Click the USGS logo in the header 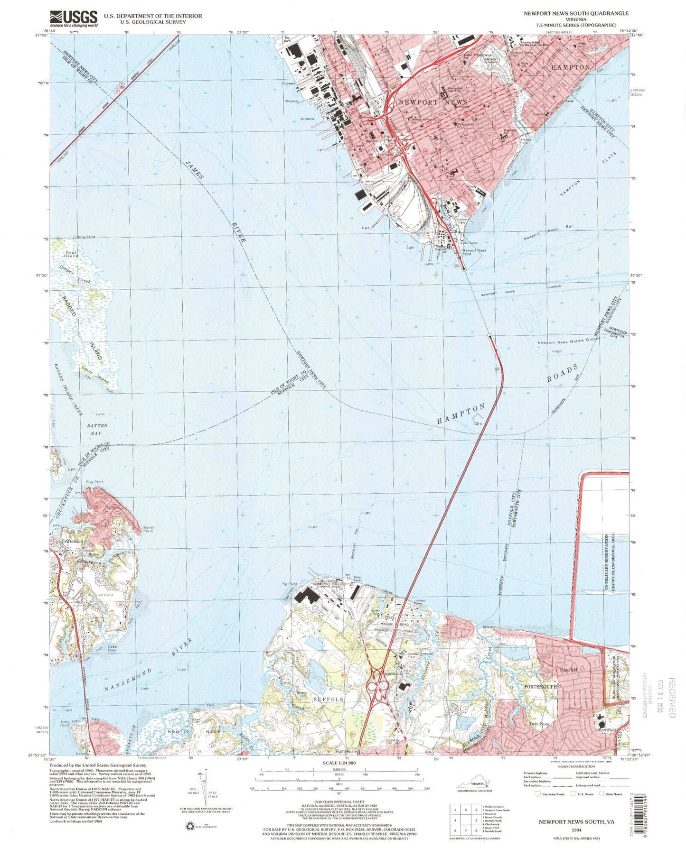coord(74,18)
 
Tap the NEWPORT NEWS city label coord(432,102)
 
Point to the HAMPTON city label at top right coord(571,67)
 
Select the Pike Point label coord(94,482)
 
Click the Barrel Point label coord(148,529)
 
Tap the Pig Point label coord(289,584)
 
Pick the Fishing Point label coord(84,237)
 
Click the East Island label coord(72,254)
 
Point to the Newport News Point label coord(474,252)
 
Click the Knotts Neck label coord(192,732)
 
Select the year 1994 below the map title coord(576,830)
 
